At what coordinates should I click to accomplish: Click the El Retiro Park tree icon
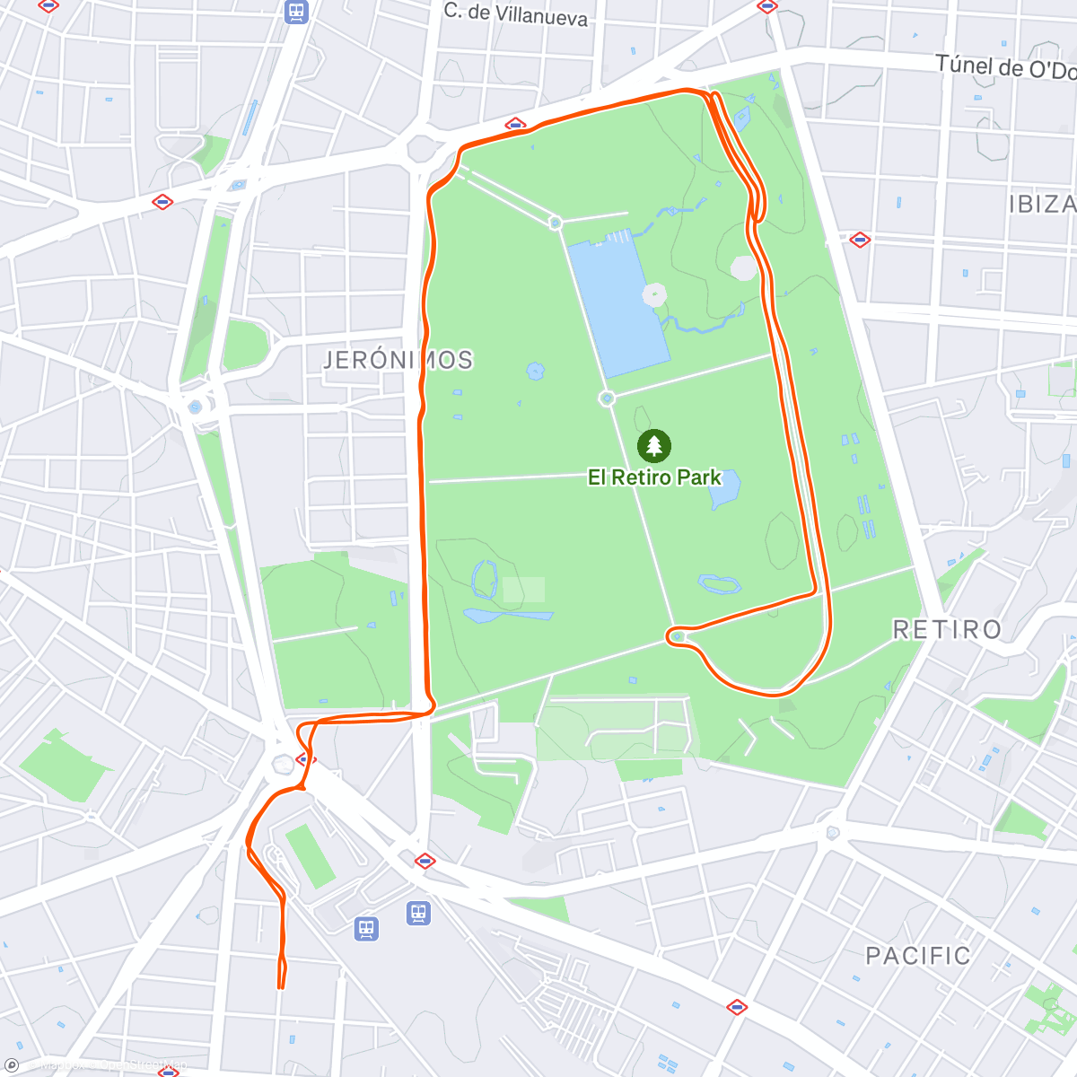[x=654, y=445]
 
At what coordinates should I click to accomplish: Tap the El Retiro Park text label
[x=654, y=477]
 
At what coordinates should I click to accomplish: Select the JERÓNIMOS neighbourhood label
[x=398, y=361]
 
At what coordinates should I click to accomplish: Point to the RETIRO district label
[x=947, y=629]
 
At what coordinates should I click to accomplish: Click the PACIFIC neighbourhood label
[x=917, y=956]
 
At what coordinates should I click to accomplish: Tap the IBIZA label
[x=1041, y=205]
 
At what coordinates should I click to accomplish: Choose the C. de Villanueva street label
[x=516, y=14]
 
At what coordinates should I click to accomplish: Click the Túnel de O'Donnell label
[x=1005, y=67]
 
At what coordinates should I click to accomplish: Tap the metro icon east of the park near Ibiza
[x=860, y=240]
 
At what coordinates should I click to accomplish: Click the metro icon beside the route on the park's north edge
[x=514, y=125]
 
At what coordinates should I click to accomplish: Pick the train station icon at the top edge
[x=296, y=12]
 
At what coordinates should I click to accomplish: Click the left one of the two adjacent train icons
[x=366, y=928]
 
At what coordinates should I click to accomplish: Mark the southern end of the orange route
[x=281, y=987]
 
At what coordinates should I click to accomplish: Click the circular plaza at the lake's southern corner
[x=608, y=398]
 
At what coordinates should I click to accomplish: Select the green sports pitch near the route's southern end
[x=310, y=855]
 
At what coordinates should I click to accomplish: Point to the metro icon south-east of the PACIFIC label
[x=736, y=1007]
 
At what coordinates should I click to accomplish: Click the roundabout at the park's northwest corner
[x=421, y=147]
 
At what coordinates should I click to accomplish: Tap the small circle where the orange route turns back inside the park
[x=678, y=636]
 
